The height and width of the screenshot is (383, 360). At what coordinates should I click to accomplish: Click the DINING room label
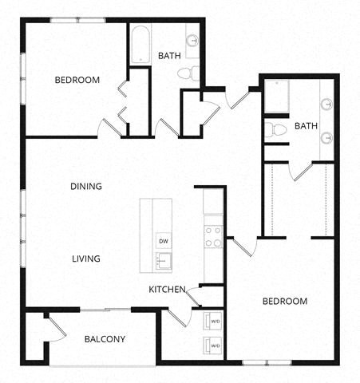coord(85,187)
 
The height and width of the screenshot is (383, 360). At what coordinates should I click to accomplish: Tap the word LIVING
coord(85,259)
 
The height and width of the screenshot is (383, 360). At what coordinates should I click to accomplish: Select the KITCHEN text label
coord(167,290)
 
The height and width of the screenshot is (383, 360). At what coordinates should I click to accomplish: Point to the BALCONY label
coord(105,339)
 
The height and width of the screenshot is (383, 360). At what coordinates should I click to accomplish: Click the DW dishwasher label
coord(163,240)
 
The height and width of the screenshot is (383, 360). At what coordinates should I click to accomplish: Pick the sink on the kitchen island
coord(163,260)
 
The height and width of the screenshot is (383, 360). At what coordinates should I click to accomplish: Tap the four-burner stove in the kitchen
coord(213,236)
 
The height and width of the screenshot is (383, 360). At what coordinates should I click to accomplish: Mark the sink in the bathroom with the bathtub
coord(194,39)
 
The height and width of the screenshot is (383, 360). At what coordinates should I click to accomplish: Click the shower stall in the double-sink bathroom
coord(279,96)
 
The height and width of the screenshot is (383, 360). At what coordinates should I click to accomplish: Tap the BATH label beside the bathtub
coord(169,56)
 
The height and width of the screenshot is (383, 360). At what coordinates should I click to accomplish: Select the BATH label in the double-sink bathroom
coord(307,126)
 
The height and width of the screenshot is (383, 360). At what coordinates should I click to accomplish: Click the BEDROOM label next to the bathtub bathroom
coord(77,80)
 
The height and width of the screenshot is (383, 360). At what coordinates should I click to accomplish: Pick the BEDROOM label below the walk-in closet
coord(285,301)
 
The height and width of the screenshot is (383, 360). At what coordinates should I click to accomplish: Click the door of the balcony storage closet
coord(49,326)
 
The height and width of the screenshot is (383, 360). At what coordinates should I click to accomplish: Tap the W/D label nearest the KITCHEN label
coord(216,322)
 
